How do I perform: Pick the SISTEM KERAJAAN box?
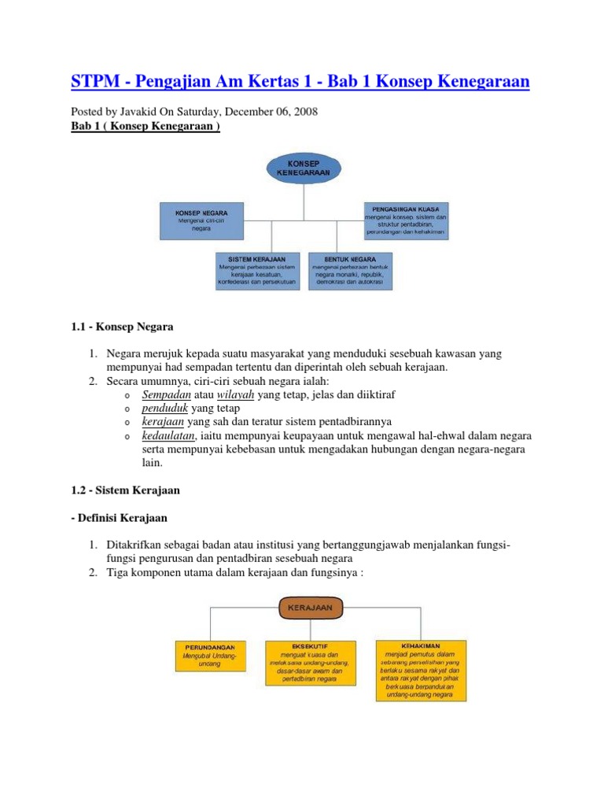click(x=258, y=271)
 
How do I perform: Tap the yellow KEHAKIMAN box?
click(x=422, y=670)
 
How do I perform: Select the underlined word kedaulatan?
click(x=170, y=435)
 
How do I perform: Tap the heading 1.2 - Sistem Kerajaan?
click(x=126, y=490)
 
